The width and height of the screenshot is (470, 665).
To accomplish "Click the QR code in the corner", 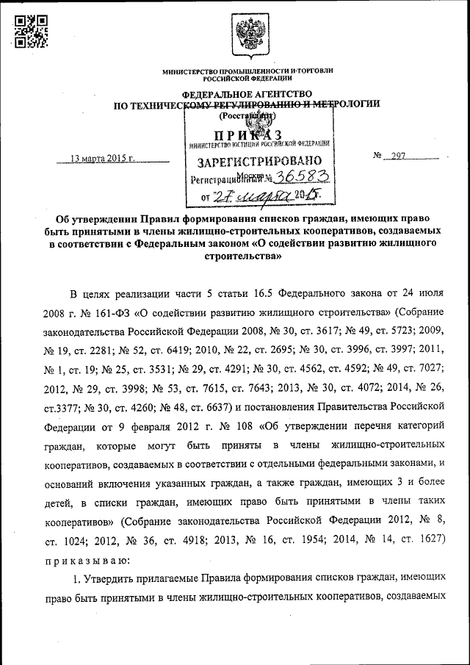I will [x=32, y=31].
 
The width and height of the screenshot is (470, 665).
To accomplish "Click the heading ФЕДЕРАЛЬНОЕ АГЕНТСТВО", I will [x=247, y=94].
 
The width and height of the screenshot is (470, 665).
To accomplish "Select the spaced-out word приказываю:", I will [x=100, y=560].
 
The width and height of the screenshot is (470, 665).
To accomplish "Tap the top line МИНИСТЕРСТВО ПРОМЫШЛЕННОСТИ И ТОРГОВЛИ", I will [x=247, y=71].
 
